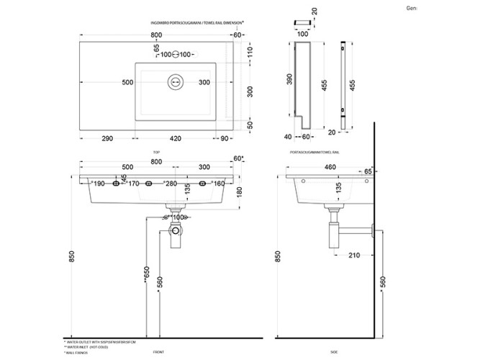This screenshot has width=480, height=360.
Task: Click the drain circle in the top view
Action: pyautogui.click(x=175, y=82)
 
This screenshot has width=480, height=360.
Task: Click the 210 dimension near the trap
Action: pyautogui.click(x=353, y=255)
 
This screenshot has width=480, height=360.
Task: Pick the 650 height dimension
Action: pyautogui.click(x=148, y=276)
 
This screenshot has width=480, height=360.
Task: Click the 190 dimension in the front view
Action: pyautogui.click(x=99, y=184)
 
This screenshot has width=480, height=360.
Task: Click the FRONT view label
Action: pyautogui.click(x=158, y=352)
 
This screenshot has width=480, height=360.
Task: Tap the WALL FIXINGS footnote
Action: pyautogui.click(x=76, y=352)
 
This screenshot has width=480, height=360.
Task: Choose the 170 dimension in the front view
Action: pyautogui.click(x=133, y=184)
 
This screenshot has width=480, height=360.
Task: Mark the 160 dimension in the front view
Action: pyautogui.click(x=219, y=184)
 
